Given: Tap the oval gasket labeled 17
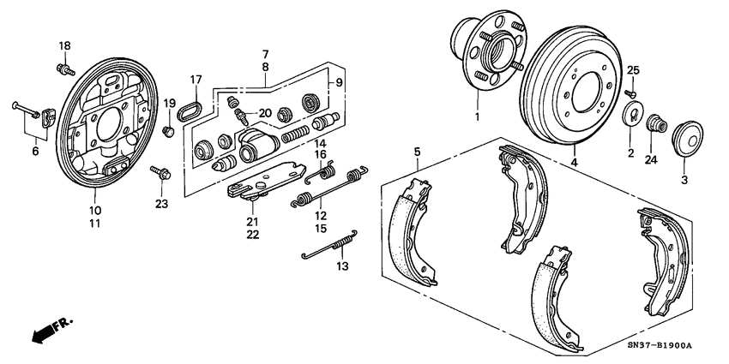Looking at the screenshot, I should (x=190, y=110).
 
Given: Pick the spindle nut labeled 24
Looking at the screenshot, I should (x=655, y=125).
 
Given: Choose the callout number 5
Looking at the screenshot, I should (x=417, y=152).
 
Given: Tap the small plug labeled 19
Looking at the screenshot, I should (x=169, y=130).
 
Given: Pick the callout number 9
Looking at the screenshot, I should (x=338, y=82).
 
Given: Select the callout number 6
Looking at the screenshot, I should (x=35, y=151).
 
